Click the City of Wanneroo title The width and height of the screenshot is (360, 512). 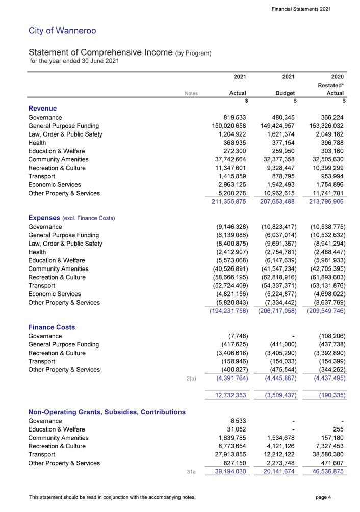coord(62,31)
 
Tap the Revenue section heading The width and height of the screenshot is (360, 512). coord(42,109)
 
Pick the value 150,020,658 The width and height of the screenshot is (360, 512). coord(225,126)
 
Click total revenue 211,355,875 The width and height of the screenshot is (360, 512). coord(225,202)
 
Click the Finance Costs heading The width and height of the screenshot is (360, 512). coord(52,327)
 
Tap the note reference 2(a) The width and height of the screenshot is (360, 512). coord(192,378)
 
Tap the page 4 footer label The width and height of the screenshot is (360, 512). coord(323,497)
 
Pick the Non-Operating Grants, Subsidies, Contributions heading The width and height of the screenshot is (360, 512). coord(107,412)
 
